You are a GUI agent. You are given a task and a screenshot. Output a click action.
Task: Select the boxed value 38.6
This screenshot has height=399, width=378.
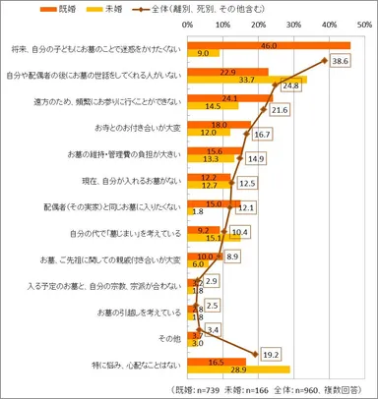point(366,60)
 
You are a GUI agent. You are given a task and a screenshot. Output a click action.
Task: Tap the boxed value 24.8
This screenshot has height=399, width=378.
point(287,86)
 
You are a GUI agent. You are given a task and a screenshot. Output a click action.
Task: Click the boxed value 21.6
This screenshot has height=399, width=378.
point(279,110)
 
